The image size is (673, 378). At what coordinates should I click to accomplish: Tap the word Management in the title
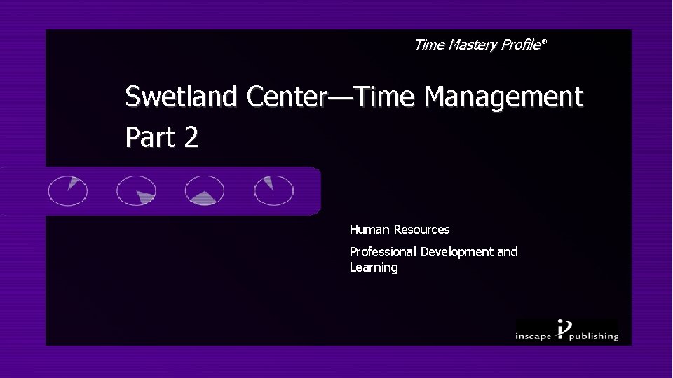tap(503, 97)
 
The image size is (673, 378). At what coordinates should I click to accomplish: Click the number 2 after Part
tap(191, 137)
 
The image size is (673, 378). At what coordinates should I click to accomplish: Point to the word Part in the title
tap(150, 137)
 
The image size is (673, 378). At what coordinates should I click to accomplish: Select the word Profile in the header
tap(519, 45)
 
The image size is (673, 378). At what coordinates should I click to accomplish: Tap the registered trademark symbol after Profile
tap(544, 43)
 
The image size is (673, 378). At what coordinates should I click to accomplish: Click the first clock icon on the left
tap(68, 190)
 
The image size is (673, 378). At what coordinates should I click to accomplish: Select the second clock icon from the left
tap(136, 190)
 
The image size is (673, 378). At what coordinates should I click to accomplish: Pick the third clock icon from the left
tap(204, 190)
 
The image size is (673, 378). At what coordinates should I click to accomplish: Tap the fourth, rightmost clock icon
tap(273, 190)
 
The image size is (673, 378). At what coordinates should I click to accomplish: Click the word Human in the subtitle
tap(370, 230)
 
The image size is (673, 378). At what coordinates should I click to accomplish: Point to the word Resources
tap(421, 230)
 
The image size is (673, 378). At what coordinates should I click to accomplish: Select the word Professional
tap(383, 252)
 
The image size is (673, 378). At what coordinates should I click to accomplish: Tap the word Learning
tap(374, 268)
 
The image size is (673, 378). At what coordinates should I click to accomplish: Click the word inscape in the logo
tap(535, 336)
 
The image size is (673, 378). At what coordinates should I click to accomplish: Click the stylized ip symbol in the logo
tap(564, 329)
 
